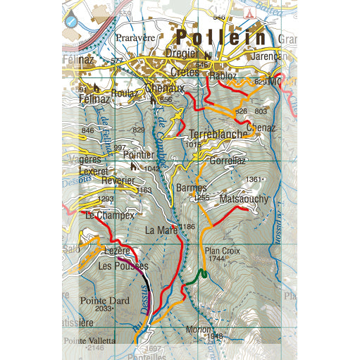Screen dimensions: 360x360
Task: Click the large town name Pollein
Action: point(221,38)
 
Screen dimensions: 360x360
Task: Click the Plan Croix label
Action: point(218,250)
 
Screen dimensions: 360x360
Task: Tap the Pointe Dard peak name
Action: point(104,300)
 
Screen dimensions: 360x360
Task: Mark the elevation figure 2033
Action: point(103,309)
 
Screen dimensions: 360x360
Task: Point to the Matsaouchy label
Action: point(244,200)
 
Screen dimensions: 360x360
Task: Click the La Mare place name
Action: point(161,230)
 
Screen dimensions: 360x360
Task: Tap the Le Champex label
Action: point(109,216)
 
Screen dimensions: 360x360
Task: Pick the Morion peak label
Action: point(199,329)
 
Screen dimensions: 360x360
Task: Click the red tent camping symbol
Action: point(248,14)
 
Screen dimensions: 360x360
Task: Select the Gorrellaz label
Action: point(226,161)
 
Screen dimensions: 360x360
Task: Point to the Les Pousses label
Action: point(123,266)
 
